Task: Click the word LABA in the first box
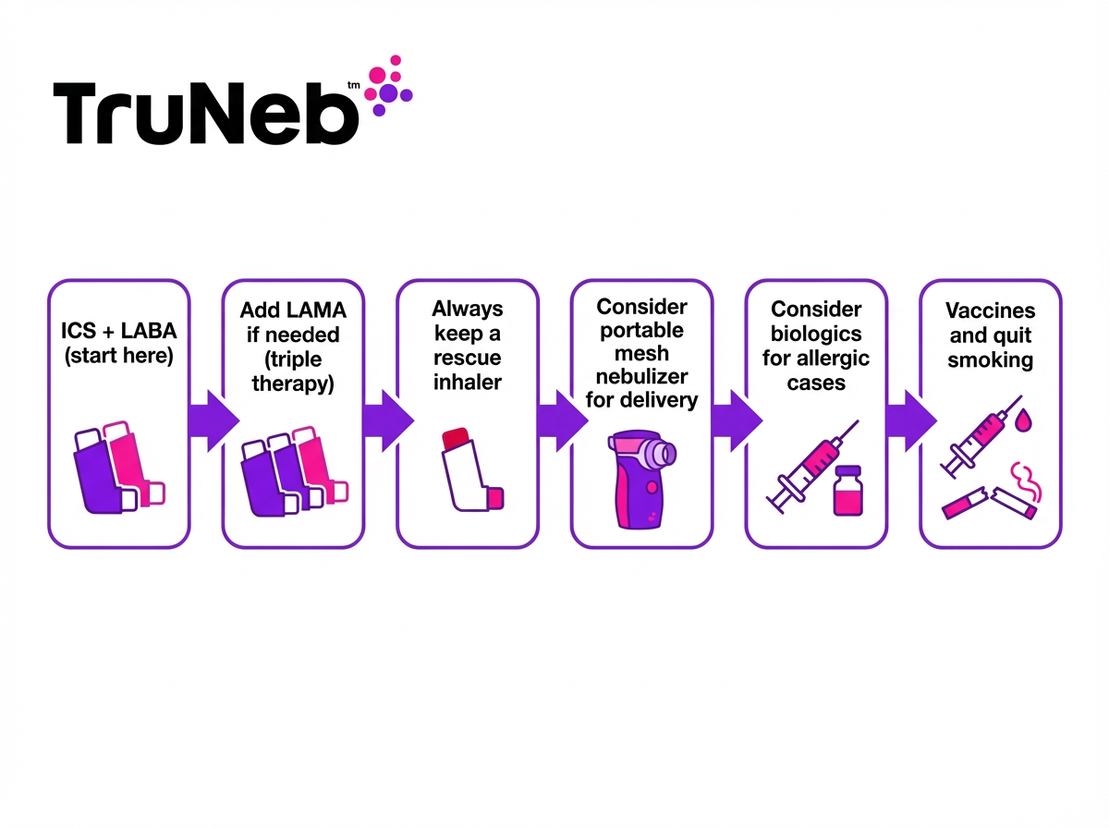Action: click(144, 331)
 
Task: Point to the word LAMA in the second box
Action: click(310, 309)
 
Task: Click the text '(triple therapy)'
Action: click(293, 370)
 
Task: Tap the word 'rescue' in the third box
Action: click(468, 356)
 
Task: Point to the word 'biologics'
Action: click(816, 333)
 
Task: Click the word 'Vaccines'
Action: click(990, 311)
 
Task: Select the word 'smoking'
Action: click(990, 359)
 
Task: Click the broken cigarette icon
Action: click(989, 502)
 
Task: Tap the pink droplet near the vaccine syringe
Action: click(1022, 420)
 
